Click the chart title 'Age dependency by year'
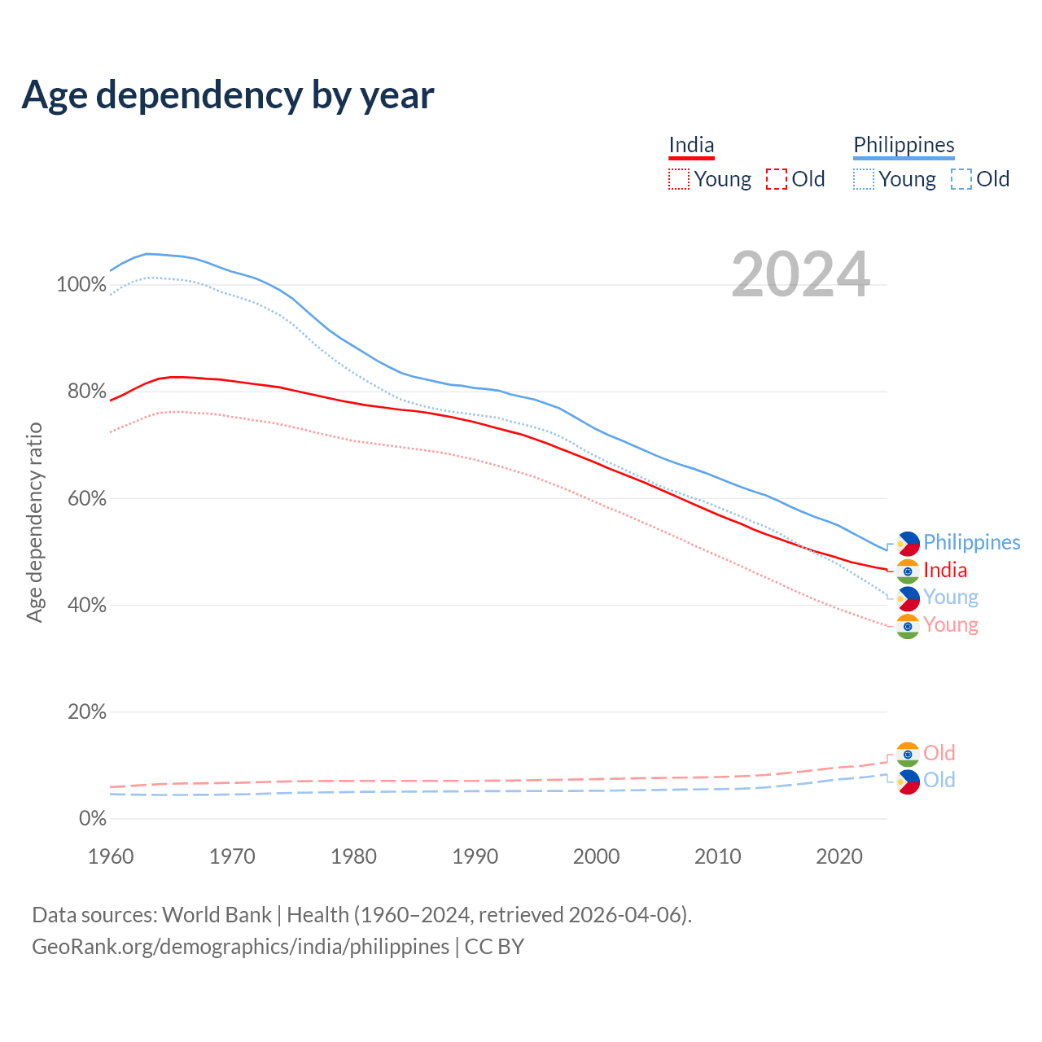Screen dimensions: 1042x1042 point(228,95)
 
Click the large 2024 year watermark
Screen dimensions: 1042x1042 point(801,275)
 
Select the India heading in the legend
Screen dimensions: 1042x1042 point(691,146)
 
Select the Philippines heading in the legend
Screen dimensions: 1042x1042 point(904,146)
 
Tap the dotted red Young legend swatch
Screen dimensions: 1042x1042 point(678,179)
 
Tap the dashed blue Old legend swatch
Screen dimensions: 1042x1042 point(961,179)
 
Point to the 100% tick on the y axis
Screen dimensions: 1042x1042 point(81,285)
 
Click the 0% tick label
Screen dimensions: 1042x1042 point(92,818)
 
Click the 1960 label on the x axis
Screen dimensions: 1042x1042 point(111,856)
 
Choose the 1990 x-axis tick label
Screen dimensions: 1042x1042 point(475,856)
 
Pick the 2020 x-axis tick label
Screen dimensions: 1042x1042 point(839,856)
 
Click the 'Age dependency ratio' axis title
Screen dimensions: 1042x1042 point(34,522)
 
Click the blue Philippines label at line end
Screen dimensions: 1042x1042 point(971,543)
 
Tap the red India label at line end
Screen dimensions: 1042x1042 point(945,571)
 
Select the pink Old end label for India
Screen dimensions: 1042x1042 point(939,753)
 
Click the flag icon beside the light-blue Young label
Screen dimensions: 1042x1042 point(908,598)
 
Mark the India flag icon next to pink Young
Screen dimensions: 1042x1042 point(908,626)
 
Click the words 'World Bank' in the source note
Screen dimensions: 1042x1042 point(217,915)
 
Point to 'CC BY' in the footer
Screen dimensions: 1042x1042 point(494,947)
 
